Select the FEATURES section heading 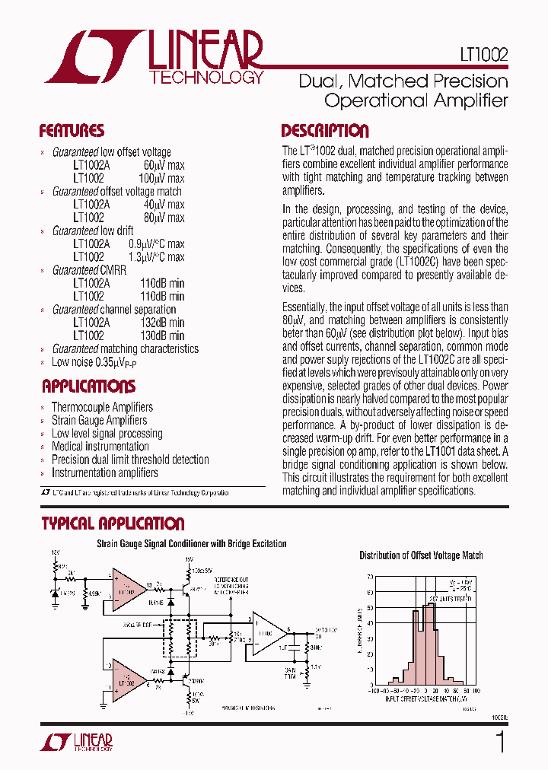point(72,130)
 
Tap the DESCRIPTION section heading point(325,130)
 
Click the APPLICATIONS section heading point(88,386)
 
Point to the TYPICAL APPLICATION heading point(113,523)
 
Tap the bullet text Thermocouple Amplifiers point(102,407)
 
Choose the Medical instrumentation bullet point(100,447)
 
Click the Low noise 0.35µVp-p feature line point(94,362)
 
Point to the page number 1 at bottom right point(499,741)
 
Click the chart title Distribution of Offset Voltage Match point(421,555)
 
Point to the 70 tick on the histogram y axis point(368,577)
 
